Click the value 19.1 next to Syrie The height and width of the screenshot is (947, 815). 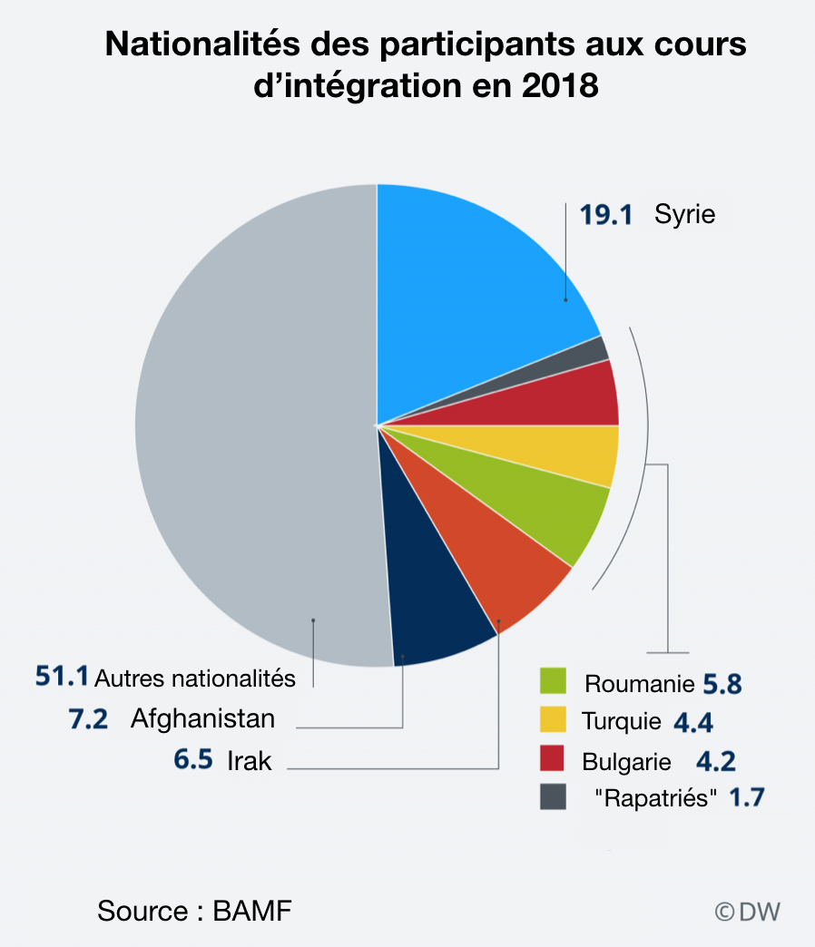pos(605,215)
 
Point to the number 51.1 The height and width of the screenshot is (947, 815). pos(62,676)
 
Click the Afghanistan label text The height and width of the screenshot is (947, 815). pos(202,719)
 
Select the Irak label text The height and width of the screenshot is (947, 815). pos(250,760)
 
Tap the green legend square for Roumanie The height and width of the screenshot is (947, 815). pos(553,680)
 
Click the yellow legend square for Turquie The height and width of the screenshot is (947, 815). pos(553,719)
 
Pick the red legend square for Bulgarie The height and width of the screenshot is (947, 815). pos(553,758)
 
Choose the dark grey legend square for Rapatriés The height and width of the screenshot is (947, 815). pos(553,797)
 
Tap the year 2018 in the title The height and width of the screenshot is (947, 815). pos(559,86)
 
